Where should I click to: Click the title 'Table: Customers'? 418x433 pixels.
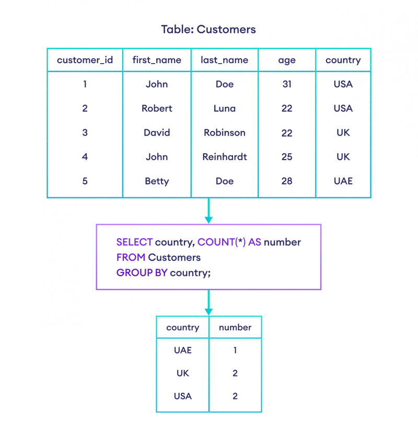click(x=208, y=29)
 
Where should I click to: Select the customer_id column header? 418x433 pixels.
click(x=85, y=61)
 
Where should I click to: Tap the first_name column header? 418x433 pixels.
click(x=157, y=61)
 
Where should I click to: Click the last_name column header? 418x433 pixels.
click(x=225, y=61)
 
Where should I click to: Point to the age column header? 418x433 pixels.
click(x=287, y=61)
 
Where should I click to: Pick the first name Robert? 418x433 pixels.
click(x=157, y=109)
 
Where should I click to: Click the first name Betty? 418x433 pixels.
click(x=157, y=181)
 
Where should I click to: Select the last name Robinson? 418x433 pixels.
click(x=225, y=133)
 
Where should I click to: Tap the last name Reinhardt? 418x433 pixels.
click(x=225, y=157)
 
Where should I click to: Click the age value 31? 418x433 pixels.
click(x=287, y=84)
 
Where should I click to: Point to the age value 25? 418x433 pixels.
click(x=287, y=157)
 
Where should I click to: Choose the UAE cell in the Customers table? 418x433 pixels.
click(x=343, y=181)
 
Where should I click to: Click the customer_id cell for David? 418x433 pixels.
click(x=85, y=133)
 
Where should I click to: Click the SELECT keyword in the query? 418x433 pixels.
click(x=134, y=243)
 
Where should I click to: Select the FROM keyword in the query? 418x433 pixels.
click(x=131, y=258)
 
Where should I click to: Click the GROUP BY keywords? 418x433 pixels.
click(x=142, y=273)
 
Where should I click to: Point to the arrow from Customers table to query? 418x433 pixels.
click(x=208, y=211)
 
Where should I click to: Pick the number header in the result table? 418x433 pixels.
click(x=235, y=328)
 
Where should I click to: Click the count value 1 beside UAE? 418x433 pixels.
click(x=235, y=351)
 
